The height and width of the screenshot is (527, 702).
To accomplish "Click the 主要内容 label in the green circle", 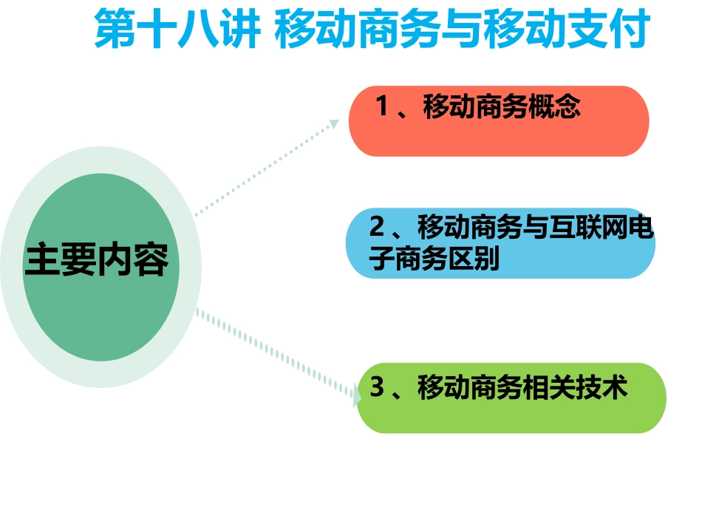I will pos(97,260).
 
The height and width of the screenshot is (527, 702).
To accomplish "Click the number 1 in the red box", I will pos(382,108).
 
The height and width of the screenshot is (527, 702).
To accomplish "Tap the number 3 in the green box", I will pos(377,387).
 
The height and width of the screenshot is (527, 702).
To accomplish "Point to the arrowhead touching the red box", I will pos(334,123).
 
